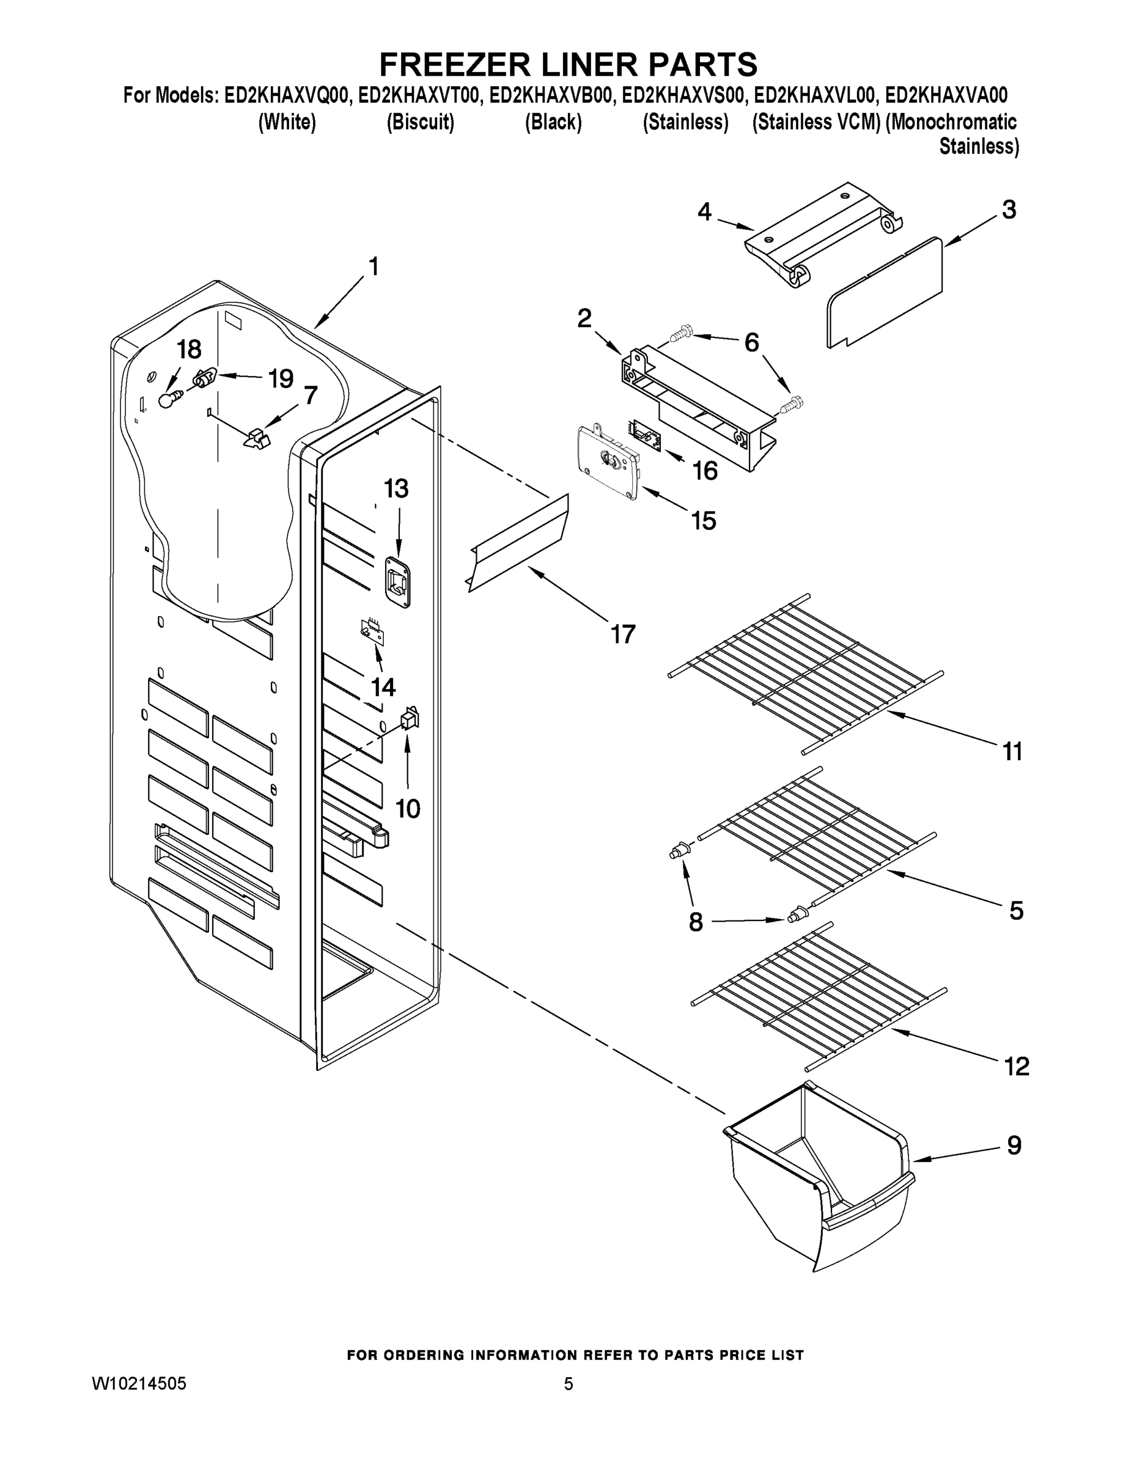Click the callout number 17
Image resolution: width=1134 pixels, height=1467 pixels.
[623, 633]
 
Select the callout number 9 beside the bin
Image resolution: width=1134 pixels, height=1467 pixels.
[1014, 1145]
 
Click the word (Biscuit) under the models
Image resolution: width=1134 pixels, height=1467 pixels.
[421, 122]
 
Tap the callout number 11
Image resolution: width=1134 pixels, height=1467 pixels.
[1012, 751]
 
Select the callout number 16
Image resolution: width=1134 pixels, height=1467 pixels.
[705, 470]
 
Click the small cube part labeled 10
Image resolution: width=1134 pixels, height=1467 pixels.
[409, 720]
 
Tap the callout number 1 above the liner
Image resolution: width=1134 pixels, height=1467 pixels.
[374, 267]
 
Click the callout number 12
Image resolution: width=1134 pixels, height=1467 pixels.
[1016, 1066]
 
